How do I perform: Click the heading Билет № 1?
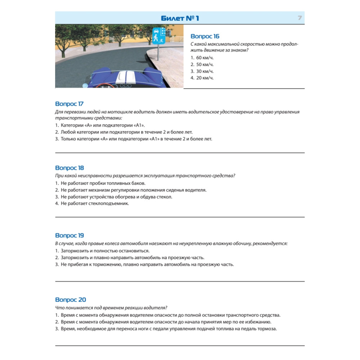point(180,18)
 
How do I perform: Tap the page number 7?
point(300,18)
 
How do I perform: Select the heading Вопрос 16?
point(205,36)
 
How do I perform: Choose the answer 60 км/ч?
point(202,58)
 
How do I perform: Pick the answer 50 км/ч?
point(202,64)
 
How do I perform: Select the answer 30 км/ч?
point(202,71)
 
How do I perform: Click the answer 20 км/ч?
point(202,78)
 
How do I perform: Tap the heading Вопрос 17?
point(69,104)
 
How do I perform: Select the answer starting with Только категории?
point(134,139)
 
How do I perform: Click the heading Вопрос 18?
point(70,168)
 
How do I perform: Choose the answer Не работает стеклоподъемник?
point(92,203)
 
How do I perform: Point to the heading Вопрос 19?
point(70,235)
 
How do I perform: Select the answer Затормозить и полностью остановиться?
point(102,251)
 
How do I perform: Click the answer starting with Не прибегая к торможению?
point(145,264)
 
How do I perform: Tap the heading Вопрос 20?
point(71,300)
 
